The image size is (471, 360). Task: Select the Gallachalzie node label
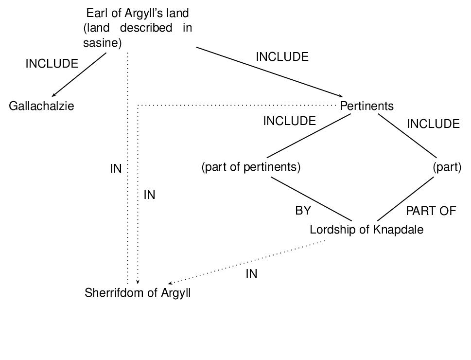[x=42, y=106]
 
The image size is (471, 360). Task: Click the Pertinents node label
[x=366, y=106]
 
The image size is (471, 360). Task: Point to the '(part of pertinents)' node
[x=251, y=167]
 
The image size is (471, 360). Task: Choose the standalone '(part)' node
[x=447, y=167]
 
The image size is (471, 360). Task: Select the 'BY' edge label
[x=303, y=211]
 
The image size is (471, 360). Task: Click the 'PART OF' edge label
[x=431, y=211]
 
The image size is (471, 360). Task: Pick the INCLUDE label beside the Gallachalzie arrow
[x=52, y=64]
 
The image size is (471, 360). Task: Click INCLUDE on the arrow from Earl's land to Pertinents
[x=282, y=57]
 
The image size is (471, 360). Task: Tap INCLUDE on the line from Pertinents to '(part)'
[x=433, y=124]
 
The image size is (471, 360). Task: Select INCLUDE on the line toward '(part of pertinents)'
[x=289, y=121]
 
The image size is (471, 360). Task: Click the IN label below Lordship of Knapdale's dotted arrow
[x=251, y=274]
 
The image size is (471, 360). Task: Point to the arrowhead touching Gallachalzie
[x=53, y=95]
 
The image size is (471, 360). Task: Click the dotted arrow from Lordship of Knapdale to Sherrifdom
[x=248, y=262]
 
